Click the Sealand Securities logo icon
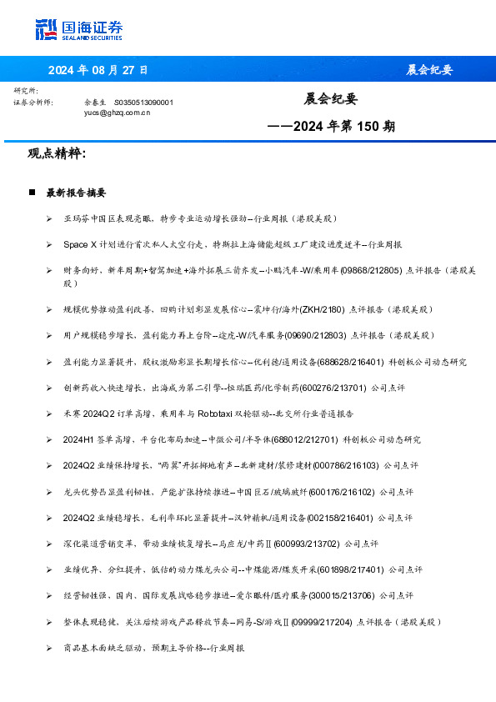pyautogui.click(x=47, y=29)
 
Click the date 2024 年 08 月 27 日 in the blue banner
pyautogui.click(x=98, y=69)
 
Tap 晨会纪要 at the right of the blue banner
pyautogui.click(x=429, y=69)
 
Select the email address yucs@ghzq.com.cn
pyautogui.click(x=117, y=111)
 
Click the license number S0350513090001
pyautogui.click(x=143, y=102)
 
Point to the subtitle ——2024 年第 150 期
pyautogui.click(x=331, y=127)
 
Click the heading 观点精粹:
pyautogui.click(x=57, y=154)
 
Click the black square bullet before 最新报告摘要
pyautogui.click(x=32, y=193)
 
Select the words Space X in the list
pyautogui.click(x=78, y=244)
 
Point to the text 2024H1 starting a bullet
pyautogui.click(x=78, y=439)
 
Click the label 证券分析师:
pyautogui.click(x=33, y=102)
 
